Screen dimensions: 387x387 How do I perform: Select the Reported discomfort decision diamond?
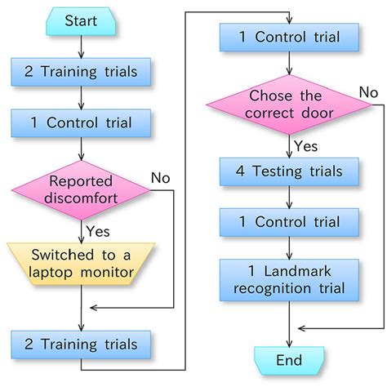point(81,189)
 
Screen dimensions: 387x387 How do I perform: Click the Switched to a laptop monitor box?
point(81,262)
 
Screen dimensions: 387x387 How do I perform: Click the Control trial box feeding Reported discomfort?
point(81,124)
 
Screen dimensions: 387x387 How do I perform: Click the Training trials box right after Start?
point(81,72)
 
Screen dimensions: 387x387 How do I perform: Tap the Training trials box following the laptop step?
point(81,344)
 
